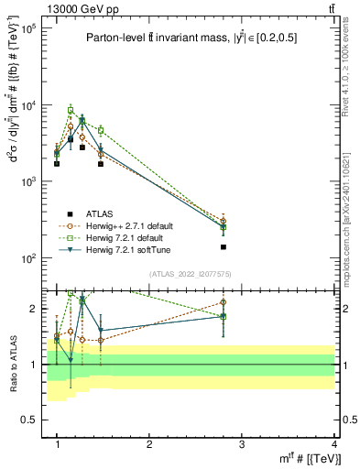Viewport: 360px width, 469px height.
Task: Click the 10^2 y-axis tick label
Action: click(x=28, y=258)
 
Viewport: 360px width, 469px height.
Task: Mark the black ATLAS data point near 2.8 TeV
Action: click(x=224, y=247)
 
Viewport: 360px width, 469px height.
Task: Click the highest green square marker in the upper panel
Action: click(x=70, y=110)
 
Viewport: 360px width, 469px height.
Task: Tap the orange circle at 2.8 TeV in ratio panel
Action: click(x=224, y=302)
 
